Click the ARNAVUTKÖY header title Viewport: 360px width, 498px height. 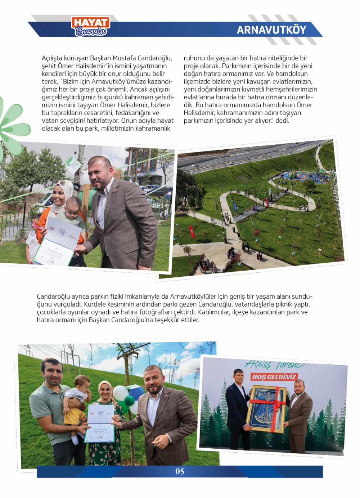click(x=271, y=30)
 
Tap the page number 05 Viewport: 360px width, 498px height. click(x=180, y=471)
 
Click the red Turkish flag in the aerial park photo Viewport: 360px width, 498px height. click(x=192, y=231)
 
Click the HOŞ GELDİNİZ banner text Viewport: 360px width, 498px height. click(x=274, y=377)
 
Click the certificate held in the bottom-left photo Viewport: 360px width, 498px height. click(x=100, y=423)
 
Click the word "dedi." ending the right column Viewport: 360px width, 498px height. click(x=282, y=121)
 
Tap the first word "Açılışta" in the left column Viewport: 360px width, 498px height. click(x=53, y=58)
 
